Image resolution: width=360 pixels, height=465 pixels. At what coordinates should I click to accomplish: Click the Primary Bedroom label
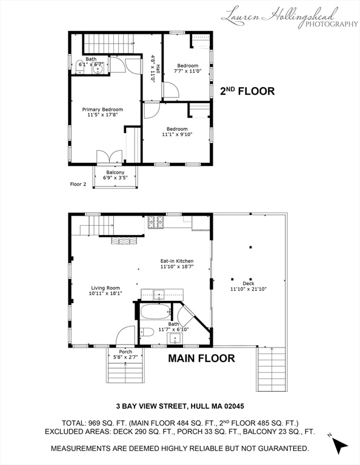pos(102,110)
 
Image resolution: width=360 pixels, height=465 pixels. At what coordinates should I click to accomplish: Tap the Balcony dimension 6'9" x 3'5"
pos(115,178)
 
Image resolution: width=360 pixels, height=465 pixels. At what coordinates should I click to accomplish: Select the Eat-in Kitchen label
pos(177,261)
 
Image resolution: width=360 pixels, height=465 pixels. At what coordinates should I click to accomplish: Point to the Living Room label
pos(105,288)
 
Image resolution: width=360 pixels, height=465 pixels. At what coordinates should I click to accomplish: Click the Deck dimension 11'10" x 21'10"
pos(248,289)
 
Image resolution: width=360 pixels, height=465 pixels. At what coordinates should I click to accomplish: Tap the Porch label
pos(125,352)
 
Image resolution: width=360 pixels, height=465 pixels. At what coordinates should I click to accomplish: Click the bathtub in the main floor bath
pos(156,312)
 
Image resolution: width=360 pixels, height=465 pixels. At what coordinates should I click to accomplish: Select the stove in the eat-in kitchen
pos(156,222)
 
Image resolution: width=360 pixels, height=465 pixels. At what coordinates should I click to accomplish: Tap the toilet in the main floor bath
pos(147,332)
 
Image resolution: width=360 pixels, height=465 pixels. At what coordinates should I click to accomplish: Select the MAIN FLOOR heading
pos(202,358)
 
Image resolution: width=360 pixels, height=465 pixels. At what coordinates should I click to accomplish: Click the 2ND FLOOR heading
pos(247,91)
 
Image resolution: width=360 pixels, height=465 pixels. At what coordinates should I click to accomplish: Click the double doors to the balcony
pos(109,157)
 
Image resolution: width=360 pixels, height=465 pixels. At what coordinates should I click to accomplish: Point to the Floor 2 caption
pos(78,184)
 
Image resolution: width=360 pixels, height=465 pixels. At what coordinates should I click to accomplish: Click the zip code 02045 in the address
pos(235,406)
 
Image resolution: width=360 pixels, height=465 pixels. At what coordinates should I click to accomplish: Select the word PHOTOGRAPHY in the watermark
pos(332,24)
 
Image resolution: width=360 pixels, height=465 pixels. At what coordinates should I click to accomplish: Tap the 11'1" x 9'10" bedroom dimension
pos(177,134)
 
